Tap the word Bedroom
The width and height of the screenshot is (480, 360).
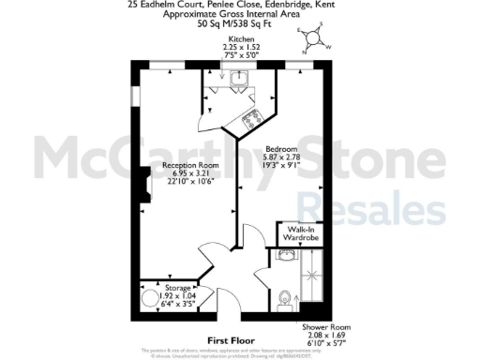coord(280,148)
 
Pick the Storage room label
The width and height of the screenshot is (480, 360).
coord(177,286)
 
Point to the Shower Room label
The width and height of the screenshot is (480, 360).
coord(322,327)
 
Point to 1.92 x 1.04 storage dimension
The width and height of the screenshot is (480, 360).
coord(177,294)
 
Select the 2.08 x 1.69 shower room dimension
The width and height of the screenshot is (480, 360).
coord(322,336)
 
